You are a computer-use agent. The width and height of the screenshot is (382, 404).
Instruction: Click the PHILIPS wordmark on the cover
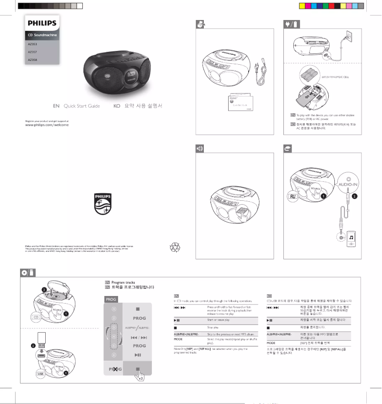[x=42, y=23]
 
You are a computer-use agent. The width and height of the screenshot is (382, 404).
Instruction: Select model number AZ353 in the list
[x=32, y=44]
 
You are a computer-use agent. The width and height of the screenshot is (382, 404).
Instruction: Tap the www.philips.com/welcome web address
[x=47, y=125]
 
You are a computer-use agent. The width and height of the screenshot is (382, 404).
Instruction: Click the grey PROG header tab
[x=112, y=299]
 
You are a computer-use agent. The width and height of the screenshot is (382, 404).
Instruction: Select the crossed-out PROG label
[x=115, y=369]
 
